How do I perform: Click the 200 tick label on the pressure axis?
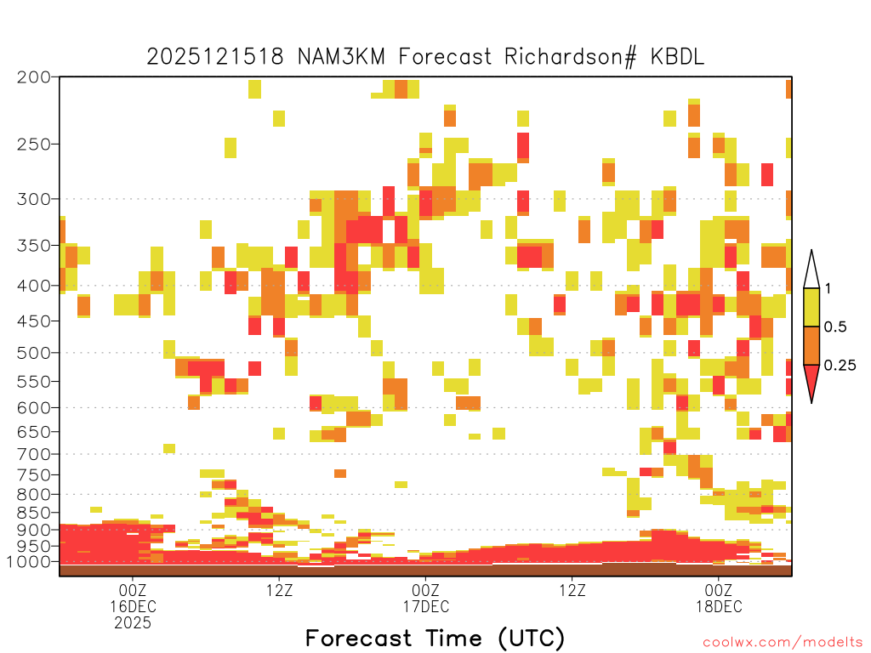tap(34, 77)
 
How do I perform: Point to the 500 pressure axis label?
tap(34, 353)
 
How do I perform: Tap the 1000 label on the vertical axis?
tap(29, 562)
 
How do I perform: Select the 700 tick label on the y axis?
tap(34, 455)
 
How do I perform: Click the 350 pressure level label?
tap(34, 246)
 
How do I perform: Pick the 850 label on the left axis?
tap(34, 513)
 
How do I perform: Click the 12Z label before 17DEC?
tap(279, 590)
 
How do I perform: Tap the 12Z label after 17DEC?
tap(572, 590)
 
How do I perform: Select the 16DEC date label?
tap(133, 606)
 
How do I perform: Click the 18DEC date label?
tap(719, 606)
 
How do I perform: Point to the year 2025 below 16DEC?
tap(133, 623)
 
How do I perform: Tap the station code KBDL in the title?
tap(677, 57)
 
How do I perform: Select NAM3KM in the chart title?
tap(341, 57)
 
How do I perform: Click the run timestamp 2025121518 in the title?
tap(215, 57)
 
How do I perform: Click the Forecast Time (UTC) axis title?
tap(435, 639)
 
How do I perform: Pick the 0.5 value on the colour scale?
tap(835, 327)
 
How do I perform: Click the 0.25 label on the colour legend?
tap(840, 366)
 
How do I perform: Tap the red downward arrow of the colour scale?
tap(811, 383)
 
